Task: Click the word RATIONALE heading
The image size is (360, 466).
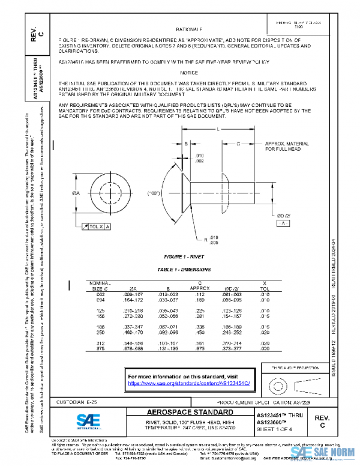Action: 189,29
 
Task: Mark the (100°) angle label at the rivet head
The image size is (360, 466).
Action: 155,193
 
